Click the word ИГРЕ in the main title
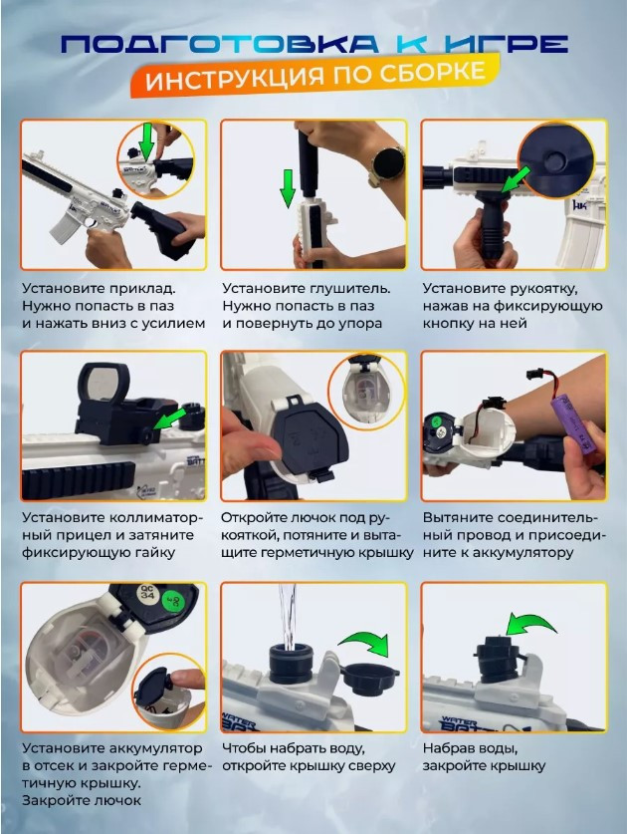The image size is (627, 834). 506,44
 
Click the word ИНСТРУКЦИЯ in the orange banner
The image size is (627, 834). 234,80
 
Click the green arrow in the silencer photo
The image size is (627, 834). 289,188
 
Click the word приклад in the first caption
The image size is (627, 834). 142,289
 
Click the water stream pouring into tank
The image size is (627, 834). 288,617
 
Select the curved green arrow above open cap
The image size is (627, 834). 366,647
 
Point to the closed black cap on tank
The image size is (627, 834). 496,660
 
